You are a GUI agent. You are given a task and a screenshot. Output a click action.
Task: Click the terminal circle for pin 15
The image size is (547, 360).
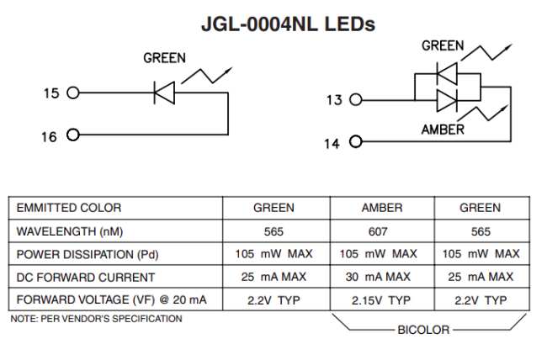(x=73, y=93)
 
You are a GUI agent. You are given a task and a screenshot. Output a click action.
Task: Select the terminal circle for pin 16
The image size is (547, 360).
(x=73, y=135)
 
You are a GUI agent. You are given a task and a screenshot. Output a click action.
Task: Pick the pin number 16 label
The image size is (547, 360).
(x=50, y=136)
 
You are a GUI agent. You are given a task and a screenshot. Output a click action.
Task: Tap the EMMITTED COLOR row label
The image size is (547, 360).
(x=69, y=208)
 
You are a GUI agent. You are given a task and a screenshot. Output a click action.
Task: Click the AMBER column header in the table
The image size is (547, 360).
(x=381, y=208)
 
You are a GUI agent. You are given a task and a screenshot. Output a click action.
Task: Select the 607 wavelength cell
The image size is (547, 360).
(x=381, y=230)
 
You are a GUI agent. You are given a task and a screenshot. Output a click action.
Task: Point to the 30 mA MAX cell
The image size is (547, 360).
(x=381, y=277)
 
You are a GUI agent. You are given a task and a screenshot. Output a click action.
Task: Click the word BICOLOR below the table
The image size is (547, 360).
(x=423, y=330)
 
